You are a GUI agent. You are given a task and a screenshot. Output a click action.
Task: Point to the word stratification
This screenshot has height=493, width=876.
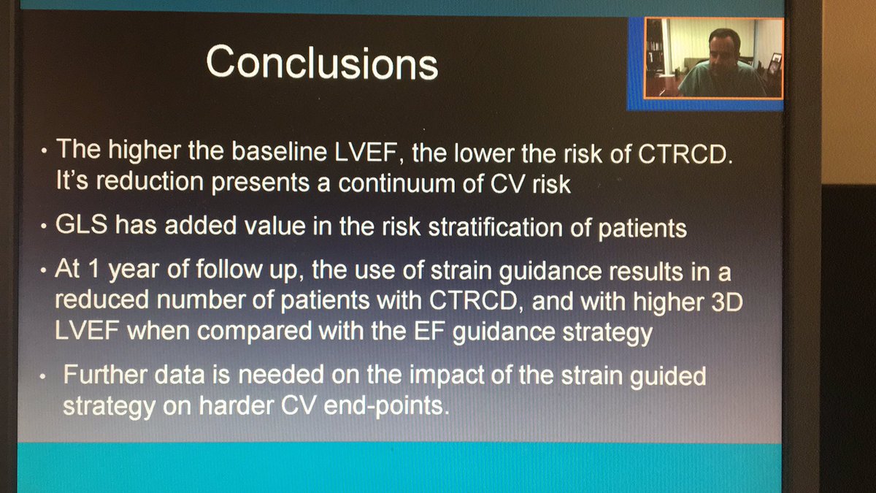(x=508, y=229)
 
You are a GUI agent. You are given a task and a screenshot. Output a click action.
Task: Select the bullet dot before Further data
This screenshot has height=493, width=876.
(x=45, y=378)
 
